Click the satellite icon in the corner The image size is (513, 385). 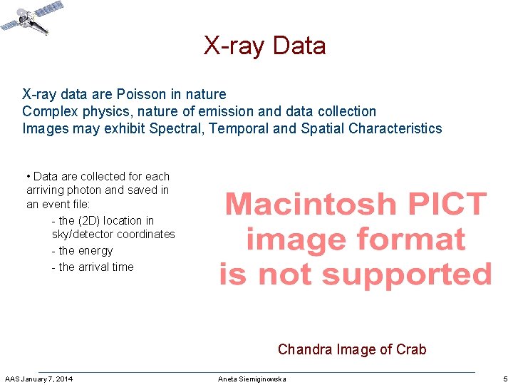coord(32,19)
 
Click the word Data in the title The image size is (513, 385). coord(299,46)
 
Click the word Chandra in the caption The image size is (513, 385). coord(304,349)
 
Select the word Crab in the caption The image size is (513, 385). coord(412,349)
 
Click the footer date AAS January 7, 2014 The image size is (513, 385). coord(38,379)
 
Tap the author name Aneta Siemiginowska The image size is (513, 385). coord(252,379)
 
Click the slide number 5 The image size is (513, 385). coord(505,379)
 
